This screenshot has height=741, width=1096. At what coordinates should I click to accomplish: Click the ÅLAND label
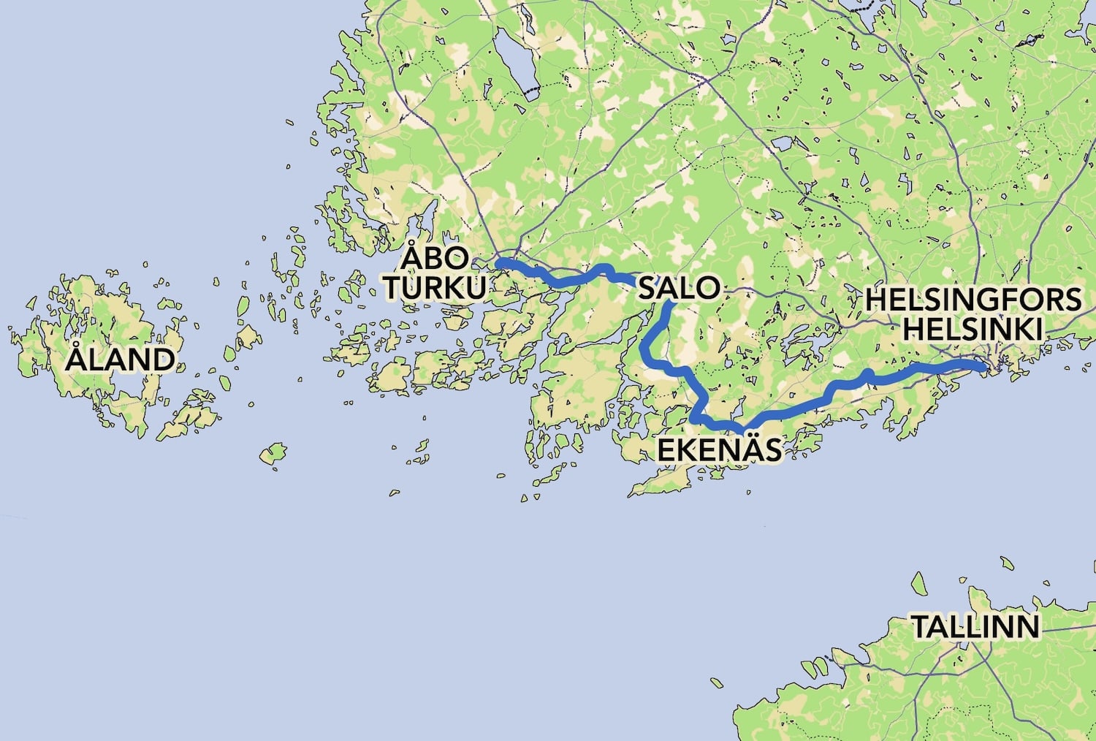[x=121, y=360]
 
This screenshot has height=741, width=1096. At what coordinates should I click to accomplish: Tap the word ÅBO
[x=436, y=259]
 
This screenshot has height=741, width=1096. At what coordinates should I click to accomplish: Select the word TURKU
[x=435, y=288]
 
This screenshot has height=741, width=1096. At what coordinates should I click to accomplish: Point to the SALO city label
[x=679, y=288]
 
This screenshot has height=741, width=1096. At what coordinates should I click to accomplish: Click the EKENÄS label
[x=719, y=450]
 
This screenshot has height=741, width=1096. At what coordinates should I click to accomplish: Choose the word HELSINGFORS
[x=973, y=300]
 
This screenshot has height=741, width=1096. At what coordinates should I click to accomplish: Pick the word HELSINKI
[x=973, y=329]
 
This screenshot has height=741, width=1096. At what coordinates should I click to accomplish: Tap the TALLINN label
[x=975, y=626]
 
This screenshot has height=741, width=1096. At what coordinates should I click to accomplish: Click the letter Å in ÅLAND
[x=77, y=358]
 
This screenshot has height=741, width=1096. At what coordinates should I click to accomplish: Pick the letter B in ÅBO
[x=436, y=259]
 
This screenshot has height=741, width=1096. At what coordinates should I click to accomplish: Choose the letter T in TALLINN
[x=920, y=626]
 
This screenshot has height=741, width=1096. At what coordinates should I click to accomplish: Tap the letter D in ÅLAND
[x=162, y=360]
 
